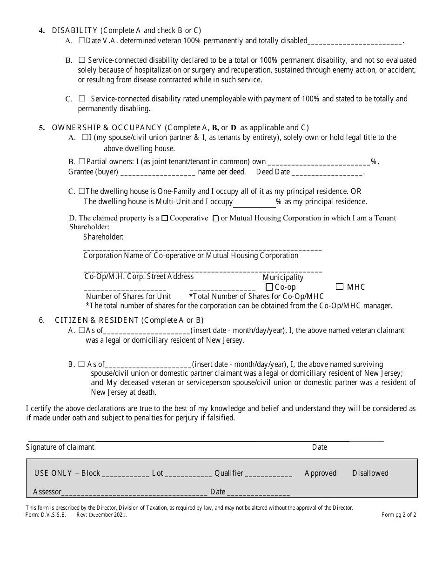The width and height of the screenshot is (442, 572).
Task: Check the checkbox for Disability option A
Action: [x=81, y=41]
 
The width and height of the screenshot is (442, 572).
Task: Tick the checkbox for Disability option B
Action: [x=82, y=60]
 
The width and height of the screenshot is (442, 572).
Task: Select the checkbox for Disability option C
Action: [x=82, y=99]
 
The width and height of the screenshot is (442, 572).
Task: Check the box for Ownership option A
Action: [x=85, y=138]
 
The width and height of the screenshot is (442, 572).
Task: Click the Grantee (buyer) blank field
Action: [x=158, y=173]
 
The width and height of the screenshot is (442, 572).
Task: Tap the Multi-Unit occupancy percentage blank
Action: [x=254, y=202]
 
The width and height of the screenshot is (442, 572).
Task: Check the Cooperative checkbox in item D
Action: [x=164, y=219]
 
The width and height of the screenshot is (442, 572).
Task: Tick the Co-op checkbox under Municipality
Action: [x=269, y=287]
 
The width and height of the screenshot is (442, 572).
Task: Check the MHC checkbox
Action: [x=340, y=287]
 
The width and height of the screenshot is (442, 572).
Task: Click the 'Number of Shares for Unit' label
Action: [x=129, y=296]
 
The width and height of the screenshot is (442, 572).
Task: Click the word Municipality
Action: [x=283, y=277]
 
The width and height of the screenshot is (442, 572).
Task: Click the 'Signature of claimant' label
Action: [x=60, y=447]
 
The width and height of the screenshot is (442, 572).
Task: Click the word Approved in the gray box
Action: [x=320, y=473]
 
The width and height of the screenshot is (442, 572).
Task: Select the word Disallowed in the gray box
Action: [x=370, y=473]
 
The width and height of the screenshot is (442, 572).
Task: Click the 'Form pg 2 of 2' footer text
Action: [x=399, y=515]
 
